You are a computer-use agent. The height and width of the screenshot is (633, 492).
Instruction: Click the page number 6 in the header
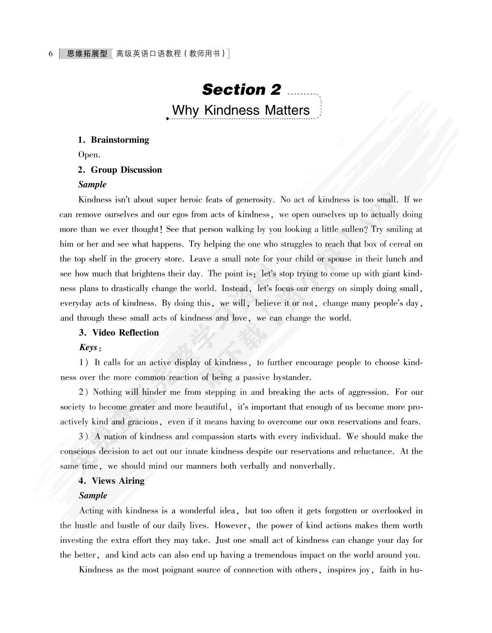point(50,54)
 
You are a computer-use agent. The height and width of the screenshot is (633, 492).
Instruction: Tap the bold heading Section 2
point(241,90)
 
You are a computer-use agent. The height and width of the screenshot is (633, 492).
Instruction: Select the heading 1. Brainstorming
point(113,140)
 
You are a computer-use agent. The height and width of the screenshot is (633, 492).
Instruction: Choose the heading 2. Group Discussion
point(120,170)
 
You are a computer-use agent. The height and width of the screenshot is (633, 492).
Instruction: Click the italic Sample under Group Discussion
point(92,185)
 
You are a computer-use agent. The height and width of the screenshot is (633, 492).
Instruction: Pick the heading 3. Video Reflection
point(119,333)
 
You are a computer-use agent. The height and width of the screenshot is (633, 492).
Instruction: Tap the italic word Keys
point(88,347)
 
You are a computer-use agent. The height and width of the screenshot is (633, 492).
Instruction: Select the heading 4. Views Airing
point(111,481)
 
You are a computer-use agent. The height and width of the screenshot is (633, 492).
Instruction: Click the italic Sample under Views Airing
point(93,495)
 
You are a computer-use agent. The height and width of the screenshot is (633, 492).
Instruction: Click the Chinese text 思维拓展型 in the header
point(87,54)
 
